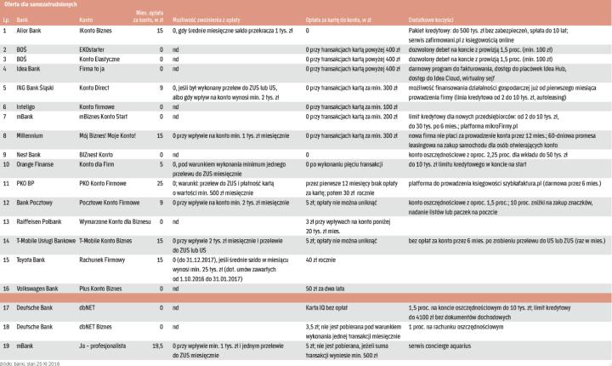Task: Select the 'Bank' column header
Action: [23, 17]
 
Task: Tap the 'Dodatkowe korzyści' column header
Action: [434, 17]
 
